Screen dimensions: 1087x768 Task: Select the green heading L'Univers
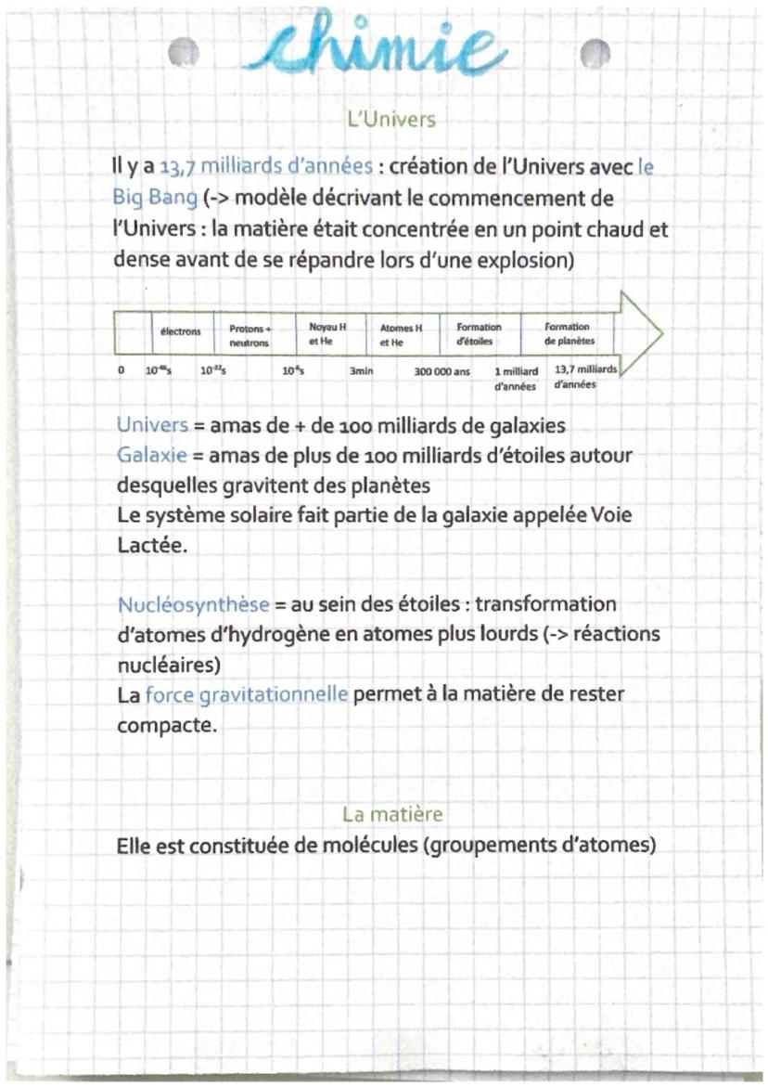[390, 120]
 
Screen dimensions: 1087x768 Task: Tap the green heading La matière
[392, 814]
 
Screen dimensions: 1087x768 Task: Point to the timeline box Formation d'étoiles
[479, 333]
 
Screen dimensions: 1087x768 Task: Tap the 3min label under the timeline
[361, 370]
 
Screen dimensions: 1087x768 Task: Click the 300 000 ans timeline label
[442, 370]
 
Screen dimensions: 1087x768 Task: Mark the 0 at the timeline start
[121, 369]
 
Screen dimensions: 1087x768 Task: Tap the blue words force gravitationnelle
[247, 694]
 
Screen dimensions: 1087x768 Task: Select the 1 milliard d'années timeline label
[517, 377]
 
